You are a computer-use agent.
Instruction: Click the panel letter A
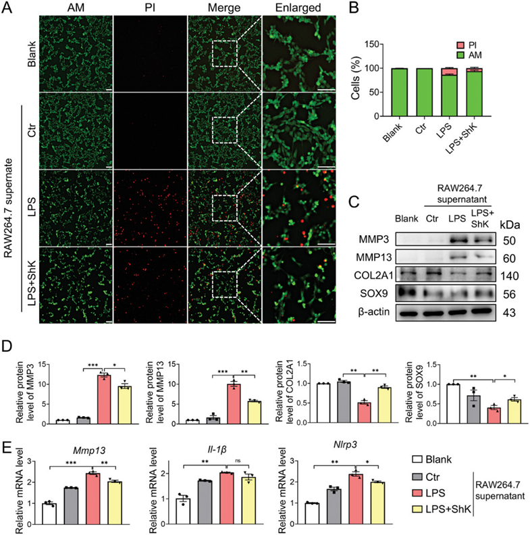click(7, 7)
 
